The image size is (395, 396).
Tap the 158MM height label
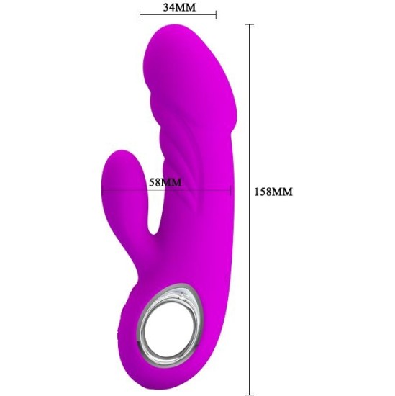tap(274, 192)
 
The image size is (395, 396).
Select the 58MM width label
tap(165, 182)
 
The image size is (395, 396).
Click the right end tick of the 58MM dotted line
tap(230, 191)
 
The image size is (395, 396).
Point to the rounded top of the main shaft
tap(183, 36)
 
